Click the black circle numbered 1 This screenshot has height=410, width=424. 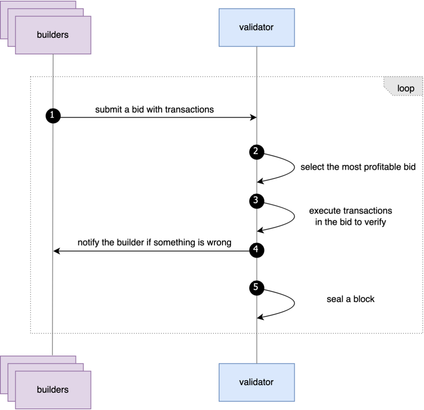(53, 116)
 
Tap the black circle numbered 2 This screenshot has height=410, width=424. (257, 152)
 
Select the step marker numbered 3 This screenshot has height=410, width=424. (257, 201)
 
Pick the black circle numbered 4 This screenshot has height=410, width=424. (257, 250)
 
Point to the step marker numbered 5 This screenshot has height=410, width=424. (257, 288)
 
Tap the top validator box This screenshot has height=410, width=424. (257, 28)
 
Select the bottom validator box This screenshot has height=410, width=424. (257, 382)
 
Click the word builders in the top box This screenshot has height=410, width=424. (53, 35)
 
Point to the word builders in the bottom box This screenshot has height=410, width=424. (53, 389)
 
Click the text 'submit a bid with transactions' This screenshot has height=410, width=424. (154, 110)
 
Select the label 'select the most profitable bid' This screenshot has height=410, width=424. (358, 167)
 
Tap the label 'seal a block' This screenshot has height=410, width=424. (351, 299)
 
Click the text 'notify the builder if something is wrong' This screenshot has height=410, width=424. (154, 243)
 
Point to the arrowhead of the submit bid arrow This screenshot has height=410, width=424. (254, 117)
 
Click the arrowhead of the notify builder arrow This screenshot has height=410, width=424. (57, 251)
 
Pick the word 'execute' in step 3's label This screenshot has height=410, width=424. (321, 211)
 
